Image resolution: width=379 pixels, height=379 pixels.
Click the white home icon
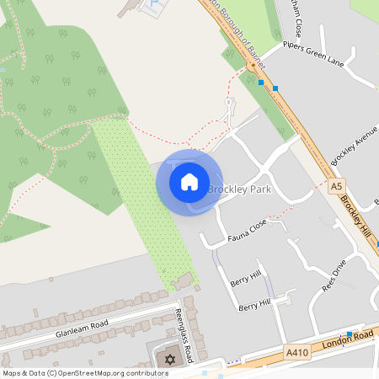[x=189, y=182]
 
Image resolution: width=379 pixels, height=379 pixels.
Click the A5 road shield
[x=337, y=186]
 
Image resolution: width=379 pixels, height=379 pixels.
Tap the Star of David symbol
[x=168, y=360]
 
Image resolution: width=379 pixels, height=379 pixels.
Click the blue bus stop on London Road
[x=349, y=334]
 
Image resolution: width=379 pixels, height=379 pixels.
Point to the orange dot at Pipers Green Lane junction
[x=251, y=66]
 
